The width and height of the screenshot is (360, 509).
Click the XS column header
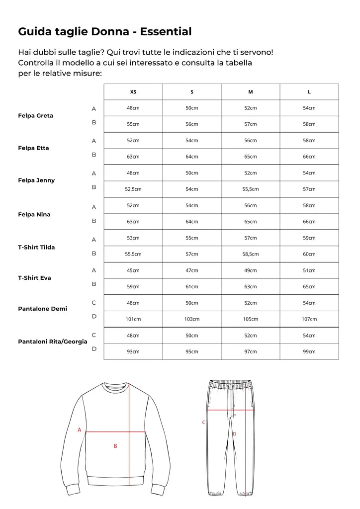click(133, 92)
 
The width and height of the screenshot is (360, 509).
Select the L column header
click(309, 92)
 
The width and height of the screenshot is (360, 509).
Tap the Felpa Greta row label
click(35, 116)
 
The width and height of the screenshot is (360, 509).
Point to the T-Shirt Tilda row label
click(36, 247)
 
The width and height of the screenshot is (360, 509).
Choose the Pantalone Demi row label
click(42, 309)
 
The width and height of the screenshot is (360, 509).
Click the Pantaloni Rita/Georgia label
click(53, 341)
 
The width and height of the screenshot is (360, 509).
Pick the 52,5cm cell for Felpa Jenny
click(133, 189)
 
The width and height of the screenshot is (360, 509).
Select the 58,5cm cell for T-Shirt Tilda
click(251, 254)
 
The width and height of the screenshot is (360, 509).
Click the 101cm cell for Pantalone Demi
click(133, 319)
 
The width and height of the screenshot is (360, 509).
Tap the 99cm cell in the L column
click(309, 351)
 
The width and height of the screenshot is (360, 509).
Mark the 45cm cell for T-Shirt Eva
click(133, 270)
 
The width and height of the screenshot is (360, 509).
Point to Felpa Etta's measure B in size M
click(251, 157)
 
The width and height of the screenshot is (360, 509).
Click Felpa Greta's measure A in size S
click(192, 108)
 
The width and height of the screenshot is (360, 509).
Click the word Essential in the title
click(166, 31)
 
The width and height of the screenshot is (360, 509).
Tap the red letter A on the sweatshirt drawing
click(79, 430)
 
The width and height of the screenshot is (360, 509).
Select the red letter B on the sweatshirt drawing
click(115, 446)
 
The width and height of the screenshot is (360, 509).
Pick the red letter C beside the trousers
click(203, 423)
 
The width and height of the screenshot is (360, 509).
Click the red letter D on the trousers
click(234, 434)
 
